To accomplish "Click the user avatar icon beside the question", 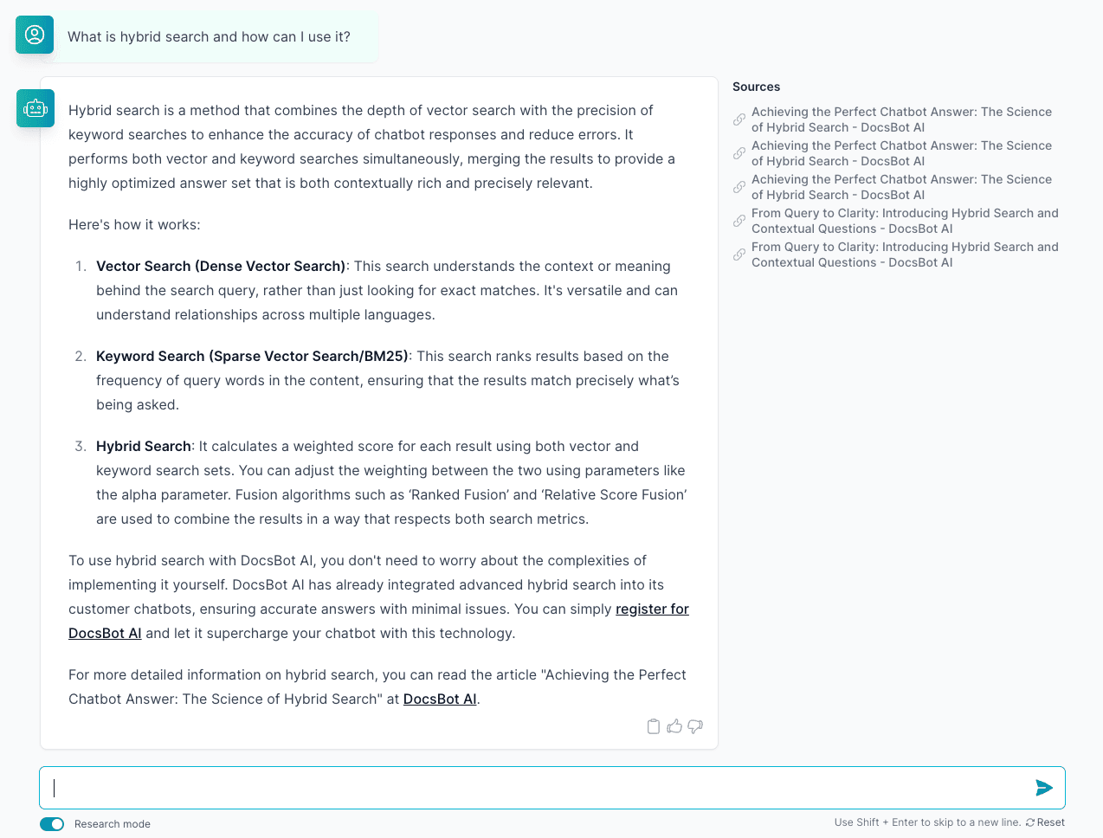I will [x=35, y=35].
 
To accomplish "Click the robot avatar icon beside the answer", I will [x=35, y=108].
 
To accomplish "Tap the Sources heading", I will [x=756, y=87].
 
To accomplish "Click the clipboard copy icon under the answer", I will [x=654, y=726].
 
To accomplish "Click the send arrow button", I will [x=1044, y=788].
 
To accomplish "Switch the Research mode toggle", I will [x=52, y=824].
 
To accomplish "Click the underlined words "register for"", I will [x=652, y=609].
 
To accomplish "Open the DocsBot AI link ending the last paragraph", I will [x=440, y=699].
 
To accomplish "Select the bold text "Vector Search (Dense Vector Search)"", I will [x=221, y=267].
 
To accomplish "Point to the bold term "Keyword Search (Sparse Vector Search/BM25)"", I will [x=252, y=357].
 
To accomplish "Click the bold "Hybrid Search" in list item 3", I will [x=144, y=447].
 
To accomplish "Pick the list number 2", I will [x=81, y=357].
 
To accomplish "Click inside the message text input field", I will [x=537, y=788].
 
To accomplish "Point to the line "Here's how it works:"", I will [x=134, y=225].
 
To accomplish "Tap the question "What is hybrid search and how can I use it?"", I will [x=209, y=37].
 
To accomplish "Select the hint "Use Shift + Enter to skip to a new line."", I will [x=927, y=822].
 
